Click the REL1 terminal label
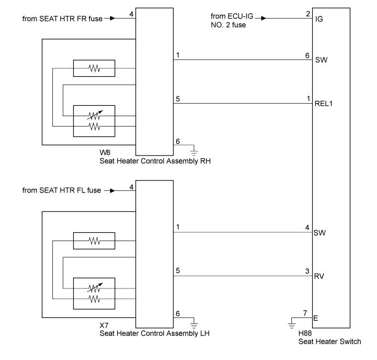point(324,104)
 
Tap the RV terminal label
point(319,276)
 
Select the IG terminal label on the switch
point(319,19)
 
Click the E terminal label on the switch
point(315,318)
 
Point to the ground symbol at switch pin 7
point(292,325)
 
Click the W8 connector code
point(105,152)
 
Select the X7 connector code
point(104,326)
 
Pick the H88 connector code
point(305,333)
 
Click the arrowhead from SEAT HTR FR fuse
point(112,18)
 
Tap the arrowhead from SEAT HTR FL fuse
point(112,190)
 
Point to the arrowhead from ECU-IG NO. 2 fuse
point(264,18)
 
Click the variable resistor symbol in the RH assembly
point(94,116)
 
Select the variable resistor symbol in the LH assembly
point(94,288)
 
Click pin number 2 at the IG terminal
point(308,14)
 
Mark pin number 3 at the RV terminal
point(307,271)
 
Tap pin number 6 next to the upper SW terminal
point(307,56)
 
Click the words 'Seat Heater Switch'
point(330,341)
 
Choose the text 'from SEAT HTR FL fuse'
point(62,190)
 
